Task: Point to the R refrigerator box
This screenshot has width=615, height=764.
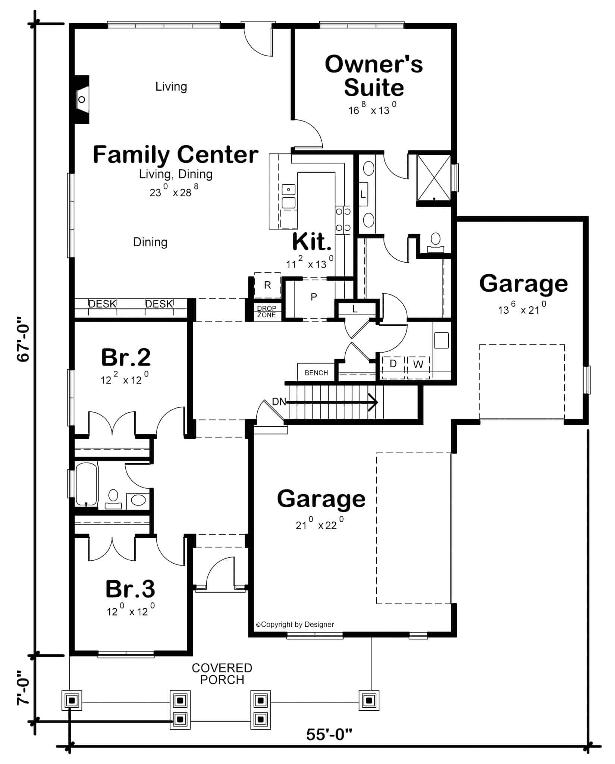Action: tap(267, 285)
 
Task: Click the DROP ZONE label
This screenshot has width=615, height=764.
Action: tap(267, 311)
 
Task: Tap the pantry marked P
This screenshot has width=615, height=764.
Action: tap(314, 297)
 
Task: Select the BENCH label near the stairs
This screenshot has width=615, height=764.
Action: tap(316, 373)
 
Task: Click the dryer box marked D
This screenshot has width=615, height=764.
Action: tap(393, 364)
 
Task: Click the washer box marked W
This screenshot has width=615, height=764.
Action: tap(418, 364)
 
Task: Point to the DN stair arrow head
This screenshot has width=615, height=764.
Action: tap(374, 402)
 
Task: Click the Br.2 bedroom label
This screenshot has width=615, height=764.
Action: tap(126, 357)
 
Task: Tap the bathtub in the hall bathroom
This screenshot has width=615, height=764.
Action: tap(87, 483)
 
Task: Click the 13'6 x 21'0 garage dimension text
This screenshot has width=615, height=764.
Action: tap(522, 309)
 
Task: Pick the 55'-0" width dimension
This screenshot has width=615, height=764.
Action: tap(329, 735)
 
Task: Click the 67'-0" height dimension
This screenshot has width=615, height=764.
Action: tap(23, 339)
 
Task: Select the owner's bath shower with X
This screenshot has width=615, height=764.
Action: tap(434, 178)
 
